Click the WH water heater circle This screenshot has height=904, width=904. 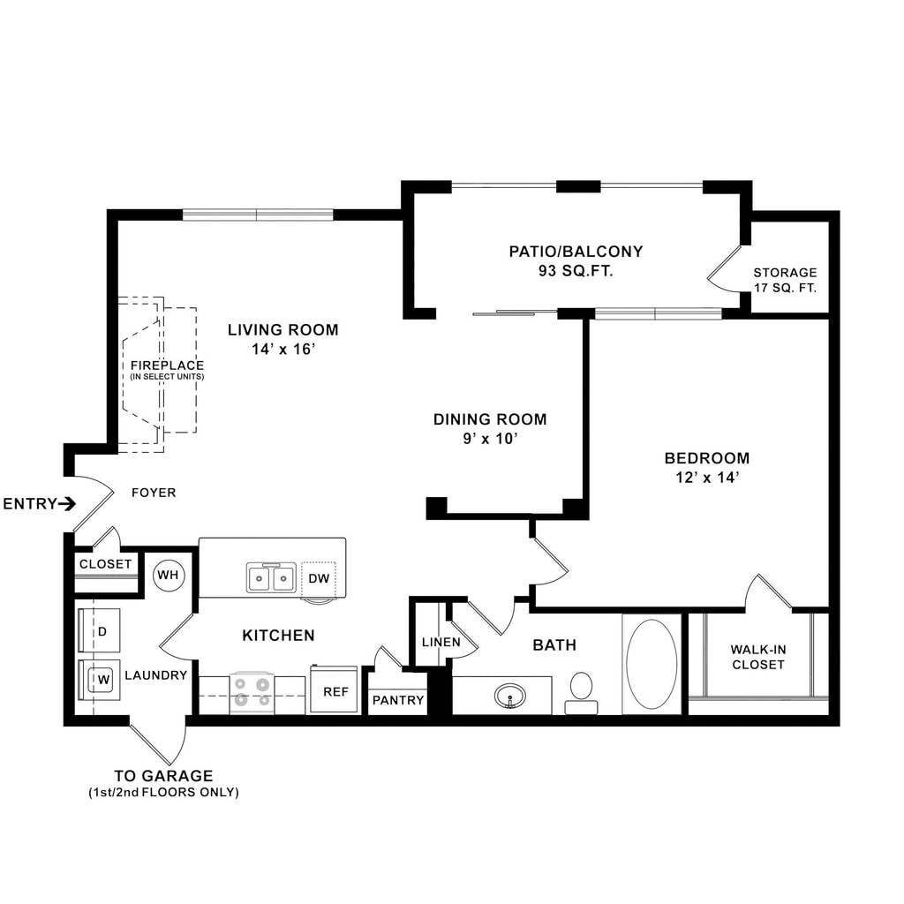click(x=169, y=575)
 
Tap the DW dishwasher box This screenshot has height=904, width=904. click(x=318, y=579)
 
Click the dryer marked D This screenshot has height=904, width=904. click(x=99, y=630)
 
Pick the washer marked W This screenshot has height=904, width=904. click(x=99, y=680)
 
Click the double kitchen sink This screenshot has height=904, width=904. click(x=271, y=577)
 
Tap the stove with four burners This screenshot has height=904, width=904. click(x=252, y=692)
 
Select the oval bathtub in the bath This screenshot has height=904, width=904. click(x=652, y=664)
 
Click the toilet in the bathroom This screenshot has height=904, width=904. click(x=581, y=693)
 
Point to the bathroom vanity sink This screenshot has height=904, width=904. click(x=509, y=696)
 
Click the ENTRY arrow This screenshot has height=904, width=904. click(x=67, y=504)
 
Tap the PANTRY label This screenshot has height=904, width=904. click(x=398, y=700)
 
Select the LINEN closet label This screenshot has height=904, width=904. click(x=441, y=642)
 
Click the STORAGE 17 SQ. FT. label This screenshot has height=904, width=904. click(x=785, y=280)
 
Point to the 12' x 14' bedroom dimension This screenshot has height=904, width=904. click(x=707, y=478)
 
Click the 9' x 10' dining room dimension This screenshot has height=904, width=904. click(x=490, y=439)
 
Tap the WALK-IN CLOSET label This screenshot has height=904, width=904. click(x=758, y=657)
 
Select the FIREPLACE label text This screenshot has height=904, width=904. click(x=167, y=365)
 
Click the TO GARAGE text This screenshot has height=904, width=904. click(x=163, y=775)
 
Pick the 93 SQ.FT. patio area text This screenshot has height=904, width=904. click(x=576, y=270)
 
